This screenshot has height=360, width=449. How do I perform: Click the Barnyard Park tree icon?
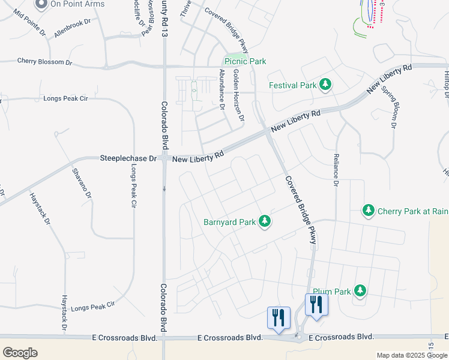(265, 222)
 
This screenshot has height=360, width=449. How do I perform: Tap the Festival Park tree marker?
(325, 85)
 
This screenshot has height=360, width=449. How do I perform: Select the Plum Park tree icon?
(360, 291)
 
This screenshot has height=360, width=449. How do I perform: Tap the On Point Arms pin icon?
(41, 4)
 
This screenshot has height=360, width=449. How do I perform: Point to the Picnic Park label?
(245, 61)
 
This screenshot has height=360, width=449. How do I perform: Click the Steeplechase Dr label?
(127, 158)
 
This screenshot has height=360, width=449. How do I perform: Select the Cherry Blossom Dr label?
(44, 61)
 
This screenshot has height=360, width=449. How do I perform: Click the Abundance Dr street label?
(221, 89)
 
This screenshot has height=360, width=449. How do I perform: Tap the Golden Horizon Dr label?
(239, 95)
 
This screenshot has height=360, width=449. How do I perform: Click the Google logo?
(20, 353)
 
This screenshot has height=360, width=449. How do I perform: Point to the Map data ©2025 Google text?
(411, 355)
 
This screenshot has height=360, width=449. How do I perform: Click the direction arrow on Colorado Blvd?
(164, 188)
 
